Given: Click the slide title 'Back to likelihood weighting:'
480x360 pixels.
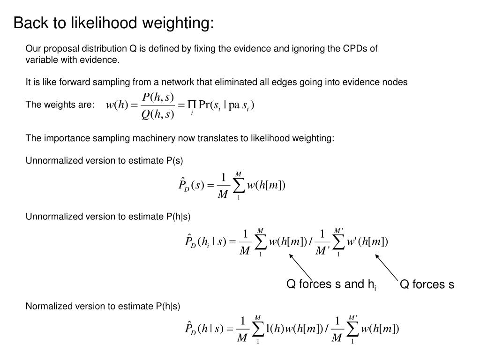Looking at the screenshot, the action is [113, 22].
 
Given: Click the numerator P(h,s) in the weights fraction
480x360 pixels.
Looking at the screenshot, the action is [158, 97].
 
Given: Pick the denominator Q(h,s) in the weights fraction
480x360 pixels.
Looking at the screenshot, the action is [158, 114].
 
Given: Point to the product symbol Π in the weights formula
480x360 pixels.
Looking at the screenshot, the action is [192, 105].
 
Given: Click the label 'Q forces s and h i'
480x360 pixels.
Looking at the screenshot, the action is [331, 285].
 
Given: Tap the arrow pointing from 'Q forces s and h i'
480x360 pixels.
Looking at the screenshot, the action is [301, 266].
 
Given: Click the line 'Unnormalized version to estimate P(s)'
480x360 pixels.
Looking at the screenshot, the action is [104, 161].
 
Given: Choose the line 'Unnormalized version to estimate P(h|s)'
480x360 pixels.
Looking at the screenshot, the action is [108, 216].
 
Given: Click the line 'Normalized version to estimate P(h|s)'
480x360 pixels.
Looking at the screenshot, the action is [103, 306].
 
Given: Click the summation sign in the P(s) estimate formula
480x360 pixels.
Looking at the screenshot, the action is [238, 186].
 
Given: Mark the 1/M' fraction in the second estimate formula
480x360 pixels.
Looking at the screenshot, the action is [321, 242].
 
